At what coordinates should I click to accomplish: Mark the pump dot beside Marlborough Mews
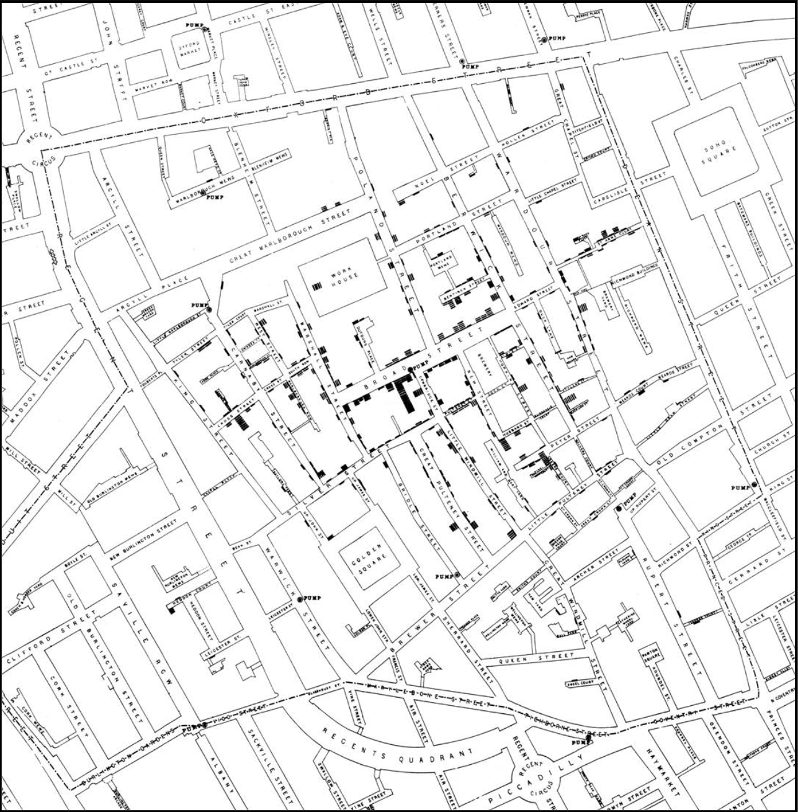(x=203, y=194)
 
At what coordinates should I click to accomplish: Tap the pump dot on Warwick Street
(x=300, y=599)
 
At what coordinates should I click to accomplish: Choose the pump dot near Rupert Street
(x=619, y=508)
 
